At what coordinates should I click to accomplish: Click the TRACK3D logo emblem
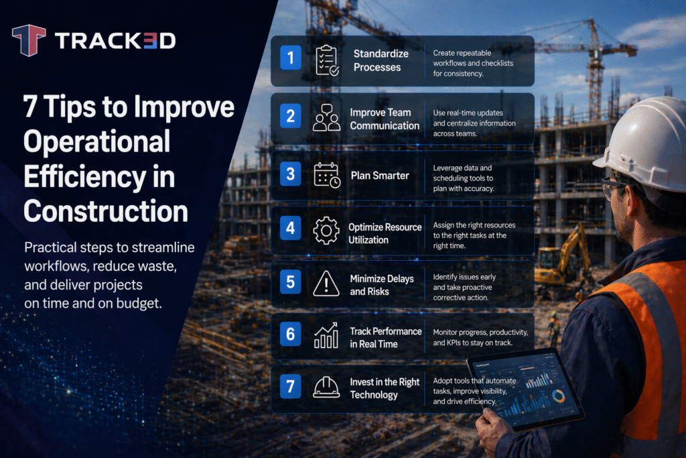pos(28,41)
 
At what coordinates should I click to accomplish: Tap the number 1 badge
pos(290,58)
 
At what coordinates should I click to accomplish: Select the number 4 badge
pos(290,228)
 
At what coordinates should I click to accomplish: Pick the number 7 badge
pos(290,387)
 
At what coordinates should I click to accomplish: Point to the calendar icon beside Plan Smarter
pos(326,175)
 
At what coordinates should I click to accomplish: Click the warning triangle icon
pos(326,284)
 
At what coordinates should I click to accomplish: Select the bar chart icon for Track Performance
pos(326,337)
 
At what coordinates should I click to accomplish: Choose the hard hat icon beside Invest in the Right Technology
pos(326,388)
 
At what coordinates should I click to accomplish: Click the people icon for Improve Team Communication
pos(326,118)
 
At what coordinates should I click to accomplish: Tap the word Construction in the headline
pos(106,211)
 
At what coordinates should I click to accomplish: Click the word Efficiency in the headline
pos(99,177)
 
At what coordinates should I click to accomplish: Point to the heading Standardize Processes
pos(377,60)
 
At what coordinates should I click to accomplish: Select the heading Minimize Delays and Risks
pos(382,285)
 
